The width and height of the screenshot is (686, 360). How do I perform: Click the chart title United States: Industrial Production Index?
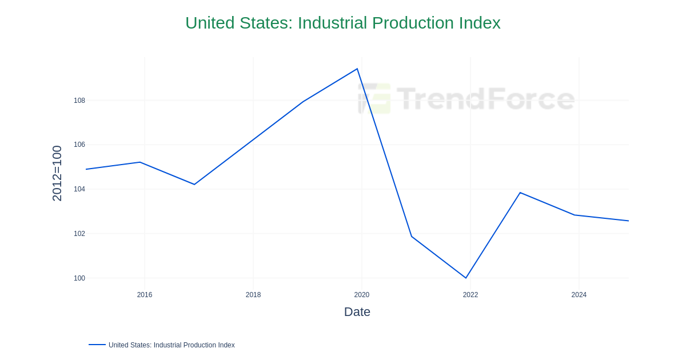tap(342, 23)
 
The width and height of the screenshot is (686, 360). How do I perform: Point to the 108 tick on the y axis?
tap(79, 101)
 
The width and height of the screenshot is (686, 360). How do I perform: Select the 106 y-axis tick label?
tap(79, 145)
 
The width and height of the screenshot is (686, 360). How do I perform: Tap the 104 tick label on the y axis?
tap(79, 189)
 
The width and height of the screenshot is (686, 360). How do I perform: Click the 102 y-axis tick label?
tap(79, 234)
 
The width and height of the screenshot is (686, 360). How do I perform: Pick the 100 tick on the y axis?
tap(79, 278)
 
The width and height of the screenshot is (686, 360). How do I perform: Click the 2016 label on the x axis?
tap(145, 295)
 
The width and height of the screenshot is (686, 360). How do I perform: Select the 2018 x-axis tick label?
tap(253, 295)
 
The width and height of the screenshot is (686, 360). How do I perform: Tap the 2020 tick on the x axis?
tap(362, 295)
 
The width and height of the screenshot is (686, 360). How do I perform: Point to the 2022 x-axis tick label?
tap(470, 295)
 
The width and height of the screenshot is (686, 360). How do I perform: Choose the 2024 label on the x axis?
tap(579, 295)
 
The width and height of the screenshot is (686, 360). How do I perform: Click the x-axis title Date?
tap(357, 312)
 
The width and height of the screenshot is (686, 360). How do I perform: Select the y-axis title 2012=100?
tap(57, 173)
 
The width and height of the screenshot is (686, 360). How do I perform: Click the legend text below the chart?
tap(171, 345)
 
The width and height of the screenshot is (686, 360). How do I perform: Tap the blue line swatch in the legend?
tap(97, 345)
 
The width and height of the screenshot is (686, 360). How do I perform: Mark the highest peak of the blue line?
tap(357, 69)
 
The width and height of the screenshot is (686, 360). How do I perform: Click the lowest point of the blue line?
tap(466, 278)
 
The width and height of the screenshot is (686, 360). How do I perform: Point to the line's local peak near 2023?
tap(520, 193)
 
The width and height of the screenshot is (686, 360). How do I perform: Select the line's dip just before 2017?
tap(194, 184)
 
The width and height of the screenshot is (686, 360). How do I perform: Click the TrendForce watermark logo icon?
tap(374, 98)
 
